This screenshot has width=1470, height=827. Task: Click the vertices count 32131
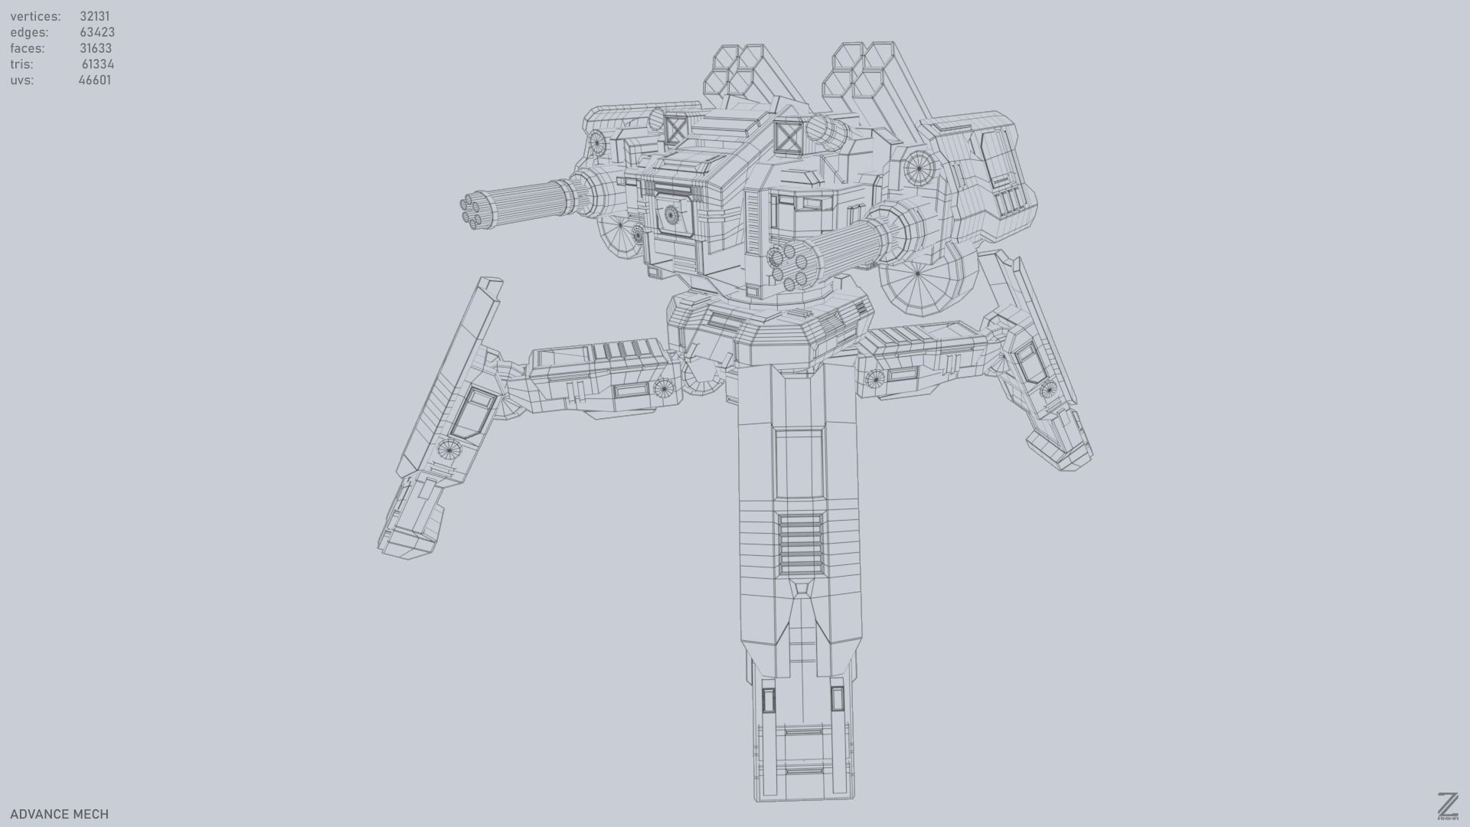(x=94, y=16)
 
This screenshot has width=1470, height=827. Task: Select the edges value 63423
(x=96, y=32)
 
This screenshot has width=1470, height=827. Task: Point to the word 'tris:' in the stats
(x=21, y=64)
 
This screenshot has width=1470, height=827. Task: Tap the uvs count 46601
(x=94, y=80)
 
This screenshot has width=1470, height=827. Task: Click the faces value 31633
(x=95, y=48)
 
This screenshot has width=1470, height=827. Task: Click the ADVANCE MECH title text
(x=59, y=814)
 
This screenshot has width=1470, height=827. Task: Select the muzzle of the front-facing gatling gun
(x=789, y=266)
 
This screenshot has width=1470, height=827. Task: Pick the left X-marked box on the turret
(x=676, y=129)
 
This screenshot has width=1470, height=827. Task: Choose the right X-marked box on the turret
(x=787, y=139)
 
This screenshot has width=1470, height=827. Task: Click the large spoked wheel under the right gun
(x=917, y=274)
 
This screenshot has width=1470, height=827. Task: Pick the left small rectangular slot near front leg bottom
(x=768, y=698)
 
